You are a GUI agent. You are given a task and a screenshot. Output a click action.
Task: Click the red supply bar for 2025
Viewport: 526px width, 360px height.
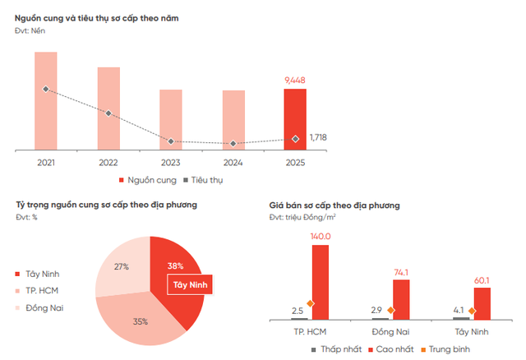(295, 119)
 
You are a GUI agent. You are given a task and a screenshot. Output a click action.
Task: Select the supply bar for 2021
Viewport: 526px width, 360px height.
(46, 101)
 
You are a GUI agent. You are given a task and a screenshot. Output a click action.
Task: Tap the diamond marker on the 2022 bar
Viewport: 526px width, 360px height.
(108, 113)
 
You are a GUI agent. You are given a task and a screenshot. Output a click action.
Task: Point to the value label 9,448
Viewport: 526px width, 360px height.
(295, 80)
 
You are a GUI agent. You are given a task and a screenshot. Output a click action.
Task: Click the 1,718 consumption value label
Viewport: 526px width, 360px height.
(318, 137)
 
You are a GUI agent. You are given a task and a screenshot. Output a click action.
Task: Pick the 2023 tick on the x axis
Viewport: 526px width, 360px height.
(171, 163)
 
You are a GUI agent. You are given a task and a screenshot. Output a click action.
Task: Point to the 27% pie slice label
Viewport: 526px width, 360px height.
(122, 266)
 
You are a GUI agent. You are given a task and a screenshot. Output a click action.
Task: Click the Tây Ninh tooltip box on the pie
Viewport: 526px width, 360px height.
(189, 284)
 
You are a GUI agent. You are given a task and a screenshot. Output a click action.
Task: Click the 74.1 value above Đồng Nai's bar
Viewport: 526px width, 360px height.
(401, 271)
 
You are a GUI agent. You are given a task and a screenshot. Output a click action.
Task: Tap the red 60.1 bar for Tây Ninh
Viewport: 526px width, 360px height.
(482, 302)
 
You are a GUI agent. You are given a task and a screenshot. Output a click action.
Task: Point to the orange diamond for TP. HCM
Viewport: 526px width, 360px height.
(310, 304)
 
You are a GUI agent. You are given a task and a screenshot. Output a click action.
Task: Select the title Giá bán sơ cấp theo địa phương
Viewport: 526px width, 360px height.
(335, 205)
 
